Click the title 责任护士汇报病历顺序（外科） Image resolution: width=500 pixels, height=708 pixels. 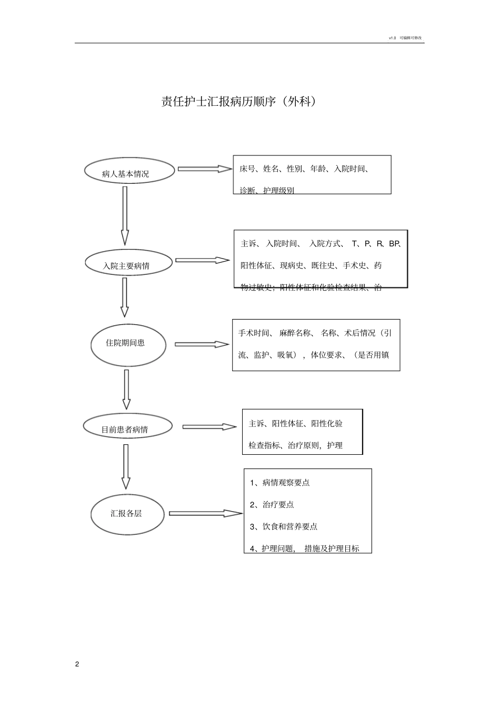pyautogui.click(x=239, y=102)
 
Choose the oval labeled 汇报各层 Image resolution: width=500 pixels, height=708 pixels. pyautogui.click(x=128, y=514)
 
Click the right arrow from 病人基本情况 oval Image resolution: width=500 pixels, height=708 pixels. pyautogui.click(x=204, y=169)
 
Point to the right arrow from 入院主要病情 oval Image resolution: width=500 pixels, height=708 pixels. pyautogui.click(x=202, y=260)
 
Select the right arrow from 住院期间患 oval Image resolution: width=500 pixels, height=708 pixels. pyautogui.click(x=202, y=344)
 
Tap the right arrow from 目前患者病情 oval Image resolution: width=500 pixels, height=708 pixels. pyautogui.click(x=209, y=427)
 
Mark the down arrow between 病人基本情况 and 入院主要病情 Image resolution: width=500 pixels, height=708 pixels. pyautogui.click(x=125, y=216)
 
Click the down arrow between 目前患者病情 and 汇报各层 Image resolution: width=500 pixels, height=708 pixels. pyautogui.click(x=126, y=466)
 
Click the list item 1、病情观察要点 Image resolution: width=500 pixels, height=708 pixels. pyautogui.click(x=280, y=483)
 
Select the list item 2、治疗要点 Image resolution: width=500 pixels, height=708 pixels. pyautogui.click(x=272, y=505)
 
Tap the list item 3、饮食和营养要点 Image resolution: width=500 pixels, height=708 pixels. pyautogui.click(x=284, y=527)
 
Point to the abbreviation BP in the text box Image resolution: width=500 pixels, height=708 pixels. pyautogui.click(x=395, y=244)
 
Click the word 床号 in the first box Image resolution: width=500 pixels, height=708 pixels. pyautogui.click(x=247, y=169)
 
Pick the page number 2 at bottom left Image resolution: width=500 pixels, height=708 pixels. pyautogui.click(x=77, y=664)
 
